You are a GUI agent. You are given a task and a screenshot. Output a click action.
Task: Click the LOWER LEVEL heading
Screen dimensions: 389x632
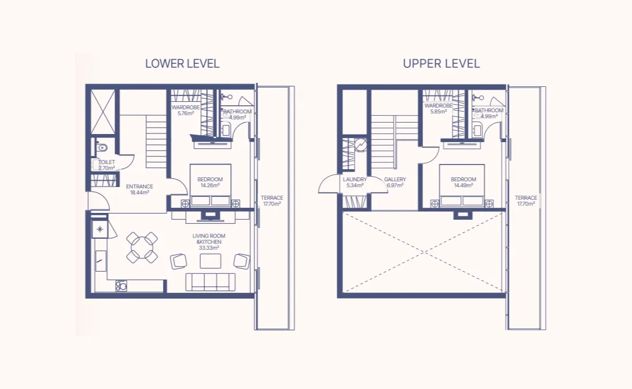click(182, 64)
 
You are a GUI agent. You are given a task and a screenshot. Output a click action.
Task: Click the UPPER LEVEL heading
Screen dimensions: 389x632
click(441, 64)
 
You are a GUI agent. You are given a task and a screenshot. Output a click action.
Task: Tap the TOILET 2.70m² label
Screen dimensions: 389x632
click(106, 165)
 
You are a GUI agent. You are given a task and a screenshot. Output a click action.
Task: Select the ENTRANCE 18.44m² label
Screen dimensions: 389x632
click(139, 189)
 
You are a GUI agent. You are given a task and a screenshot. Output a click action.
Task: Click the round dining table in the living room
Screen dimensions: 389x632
click(142, 247)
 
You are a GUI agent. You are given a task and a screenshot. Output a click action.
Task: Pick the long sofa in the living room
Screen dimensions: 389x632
click(210, 282)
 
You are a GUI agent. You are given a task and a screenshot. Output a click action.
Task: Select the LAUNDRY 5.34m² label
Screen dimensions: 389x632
click(355, 182)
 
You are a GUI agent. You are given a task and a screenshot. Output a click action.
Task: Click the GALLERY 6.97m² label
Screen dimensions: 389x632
click(395, 182)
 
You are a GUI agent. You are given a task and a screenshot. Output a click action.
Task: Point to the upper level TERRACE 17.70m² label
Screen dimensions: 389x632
click(526, 200)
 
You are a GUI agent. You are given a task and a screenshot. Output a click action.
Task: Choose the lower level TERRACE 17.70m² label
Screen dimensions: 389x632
click(272, 200)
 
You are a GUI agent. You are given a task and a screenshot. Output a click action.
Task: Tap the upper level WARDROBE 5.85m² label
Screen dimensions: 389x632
click(438, 109)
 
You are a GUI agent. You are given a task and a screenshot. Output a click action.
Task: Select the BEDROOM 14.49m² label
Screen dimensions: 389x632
click(463, 182)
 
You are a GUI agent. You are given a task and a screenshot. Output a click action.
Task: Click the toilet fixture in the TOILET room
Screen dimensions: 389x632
click(101, 148)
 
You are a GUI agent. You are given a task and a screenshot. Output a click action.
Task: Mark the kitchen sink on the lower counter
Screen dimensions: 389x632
click(121, 285)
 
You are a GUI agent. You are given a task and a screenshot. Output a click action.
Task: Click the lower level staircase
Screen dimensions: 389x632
click(156, 141)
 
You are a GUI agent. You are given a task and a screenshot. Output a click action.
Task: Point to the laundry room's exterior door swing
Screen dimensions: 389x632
click(329, 186)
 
